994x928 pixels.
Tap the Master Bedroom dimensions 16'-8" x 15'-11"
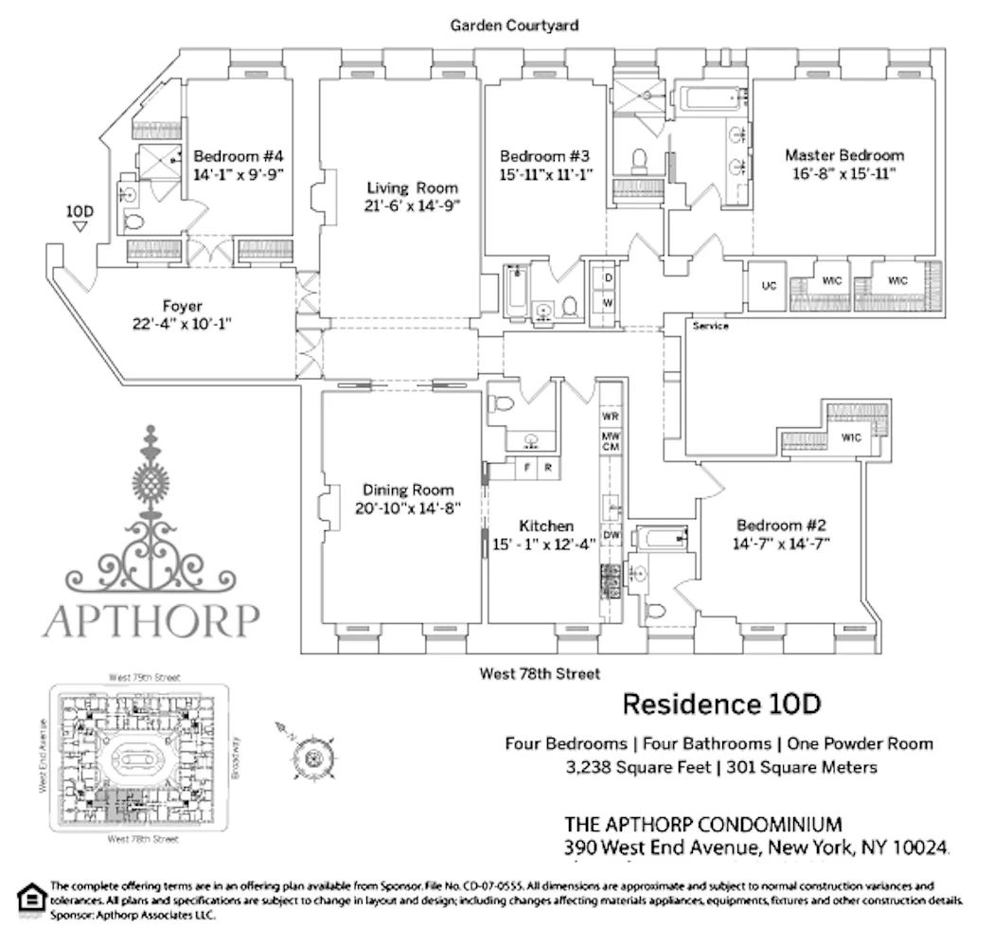point(843,173)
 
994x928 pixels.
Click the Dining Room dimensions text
point(408,508)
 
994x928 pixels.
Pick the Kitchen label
point(546,526)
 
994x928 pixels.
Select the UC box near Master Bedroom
point(769,285)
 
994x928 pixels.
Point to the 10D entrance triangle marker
point(80,226)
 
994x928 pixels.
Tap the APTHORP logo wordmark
point(151,620)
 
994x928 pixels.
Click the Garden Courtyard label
point(514,26)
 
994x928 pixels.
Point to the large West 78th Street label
point(540,674)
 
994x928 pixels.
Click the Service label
point(710,326)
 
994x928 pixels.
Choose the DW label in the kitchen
point(611,535)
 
